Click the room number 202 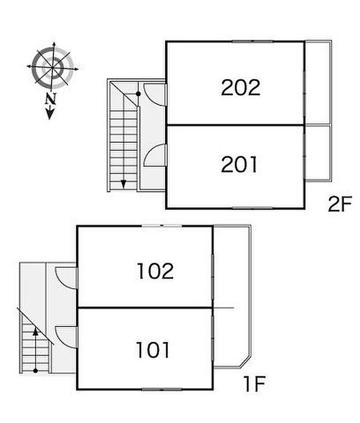click(241, 88)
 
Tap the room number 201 click(239, 165)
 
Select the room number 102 click(155, 271)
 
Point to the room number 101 click(153, 351)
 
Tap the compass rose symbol click(53, 66)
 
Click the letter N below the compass click(50, 99)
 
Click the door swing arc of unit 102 click(66, 278)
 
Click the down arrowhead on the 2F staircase click(123, 183)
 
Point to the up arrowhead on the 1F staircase click(35, 332)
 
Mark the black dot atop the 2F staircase click(138, 94)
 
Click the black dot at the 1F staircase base click(35, 370)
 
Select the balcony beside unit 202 click(318, 82)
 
